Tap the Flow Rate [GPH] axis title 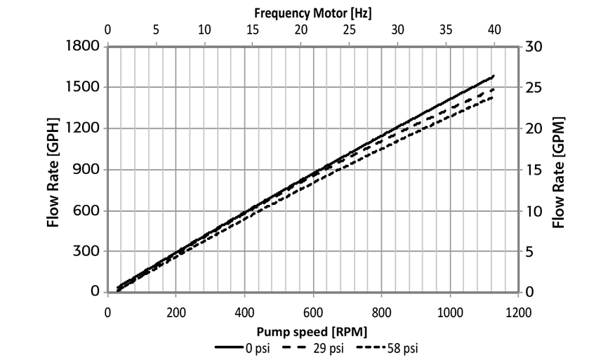(53, 170)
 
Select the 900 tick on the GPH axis (88, 169)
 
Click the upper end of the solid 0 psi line (493, 76)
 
